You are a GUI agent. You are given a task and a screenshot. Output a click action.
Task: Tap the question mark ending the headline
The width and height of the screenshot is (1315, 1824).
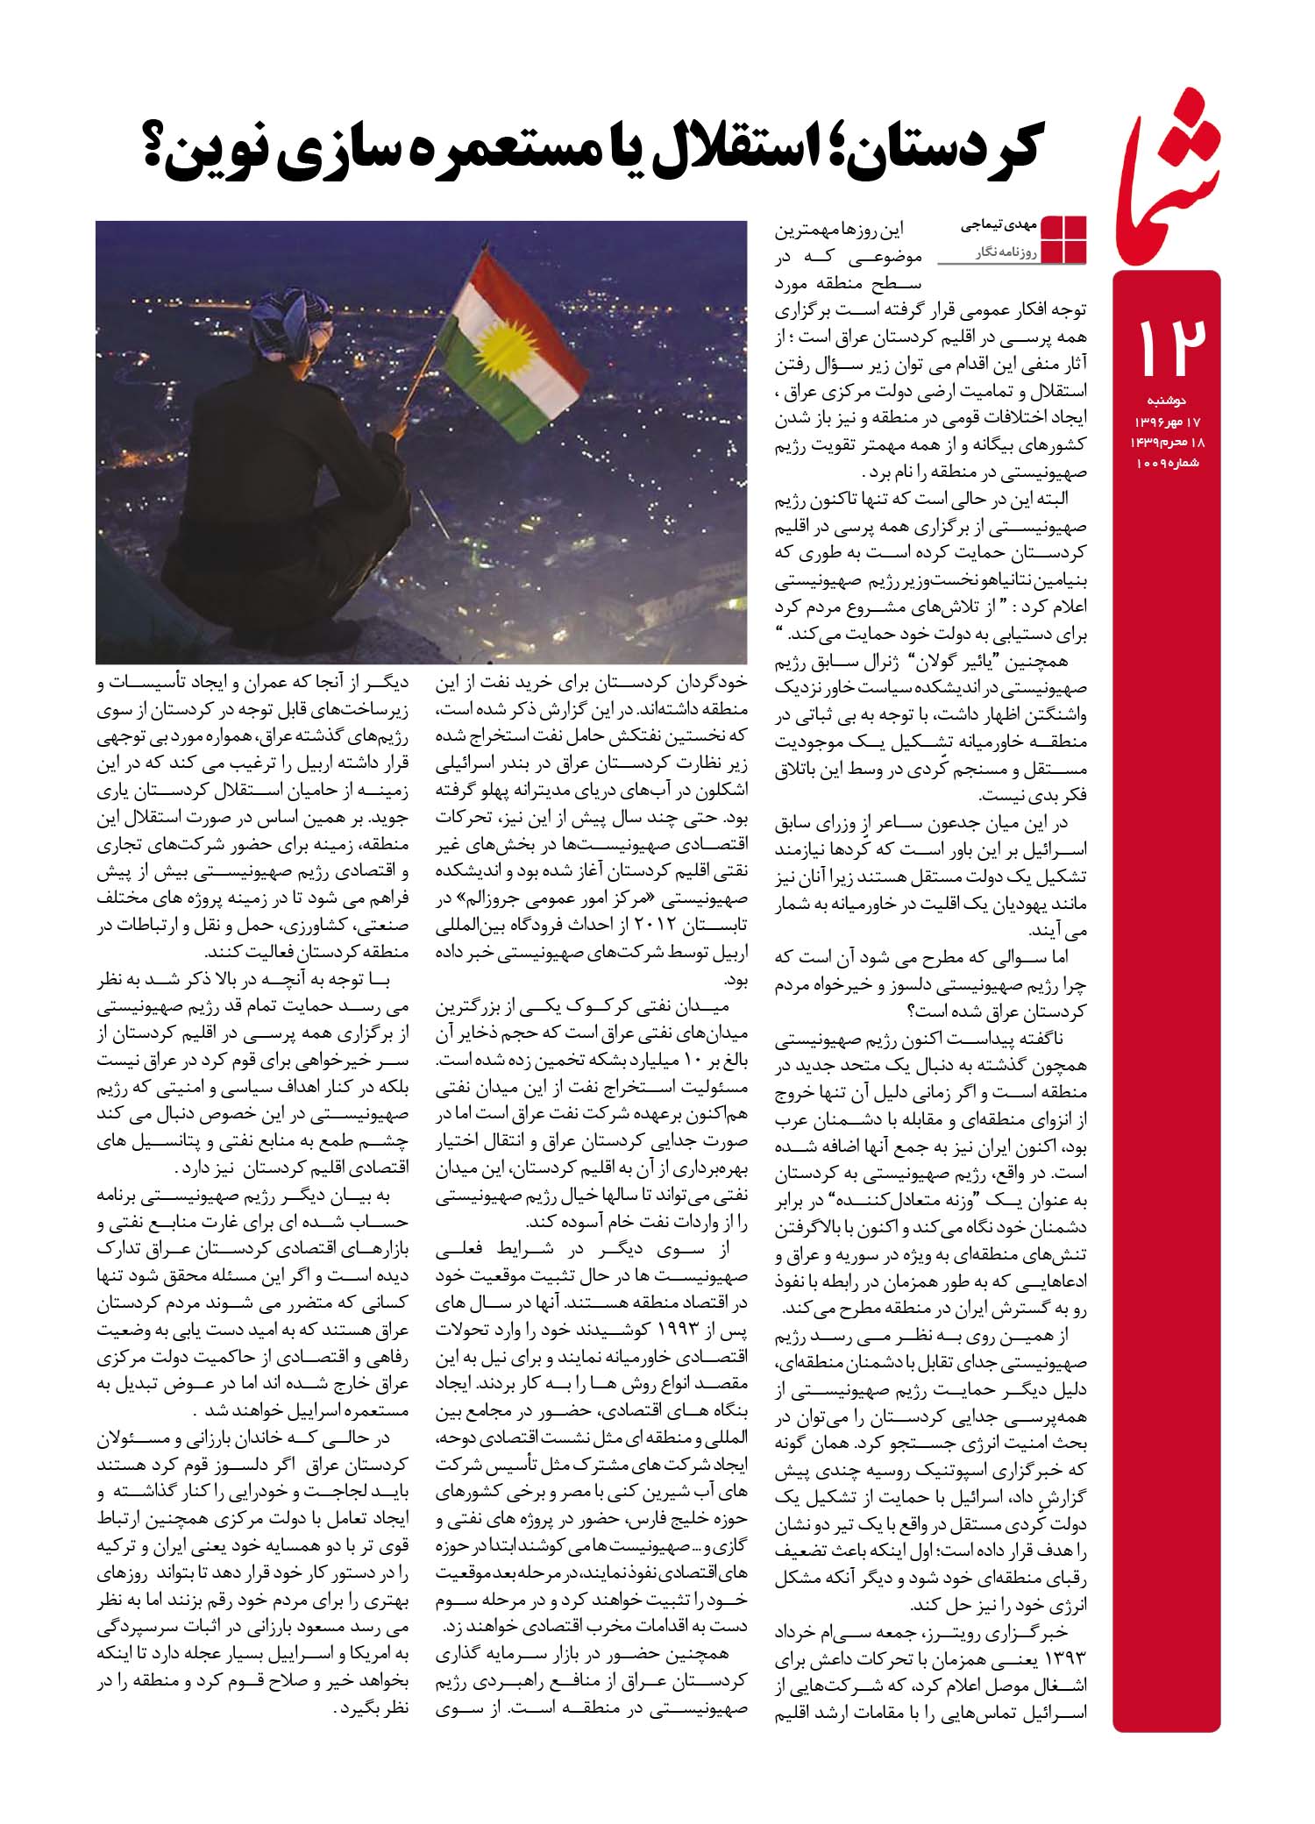click(x=166, y=147)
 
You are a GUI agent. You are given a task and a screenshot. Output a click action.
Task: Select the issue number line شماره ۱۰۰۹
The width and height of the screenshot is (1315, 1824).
click(x=1161, y=462)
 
